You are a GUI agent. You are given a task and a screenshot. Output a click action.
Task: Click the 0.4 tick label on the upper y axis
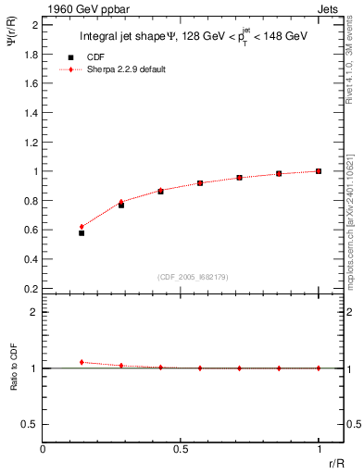point(31,258)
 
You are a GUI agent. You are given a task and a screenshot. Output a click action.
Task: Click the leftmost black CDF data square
point(82,233)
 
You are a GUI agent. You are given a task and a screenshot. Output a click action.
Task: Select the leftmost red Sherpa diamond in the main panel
point(82,227)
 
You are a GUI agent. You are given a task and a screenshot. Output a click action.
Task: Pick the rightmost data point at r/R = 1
point(319,171)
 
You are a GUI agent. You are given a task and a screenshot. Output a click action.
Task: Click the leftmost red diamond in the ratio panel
point(82,362)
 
